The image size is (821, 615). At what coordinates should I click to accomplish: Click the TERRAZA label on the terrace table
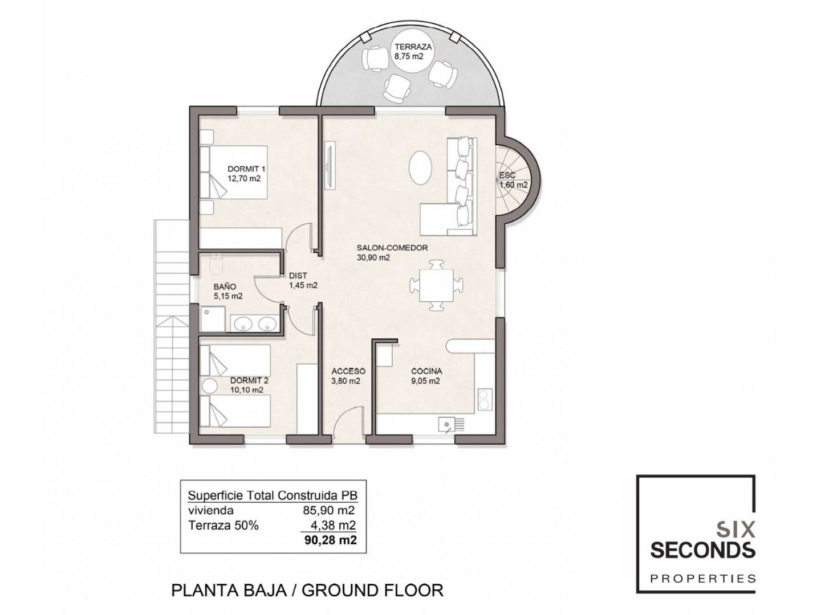(413, 47)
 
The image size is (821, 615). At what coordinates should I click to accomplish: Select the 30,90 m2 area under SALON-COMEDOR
(373, 257)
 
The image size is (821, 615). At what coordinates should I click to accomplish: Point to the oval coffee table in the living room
(421, 167)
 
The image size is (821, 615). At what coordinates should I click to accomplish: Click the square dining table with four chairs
(436, 286)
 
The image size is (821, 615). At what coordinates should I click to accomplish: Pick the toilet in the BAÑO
(216, 264)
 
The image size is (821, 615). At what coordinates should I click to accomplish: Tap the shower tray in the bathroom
(213, 319)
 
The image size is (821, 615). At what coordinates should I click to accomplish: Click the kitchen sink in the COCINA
(452, 425)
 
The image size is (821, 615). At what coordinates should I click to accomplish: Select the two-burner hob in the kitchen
(484, 399)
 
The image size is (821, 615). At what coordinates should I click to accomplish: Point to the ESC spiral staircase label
(507, 175)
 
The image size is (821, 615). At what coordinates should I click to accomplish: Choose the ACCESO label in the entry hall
(348, 371)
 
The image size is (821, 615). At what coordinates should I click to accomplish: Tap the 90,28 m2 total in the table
(330, 540)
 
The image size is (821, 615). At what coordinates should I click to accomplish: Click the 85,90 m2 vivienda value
(329, 510)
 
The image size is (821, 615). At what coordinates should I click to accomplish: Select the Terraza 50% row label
(223, 526)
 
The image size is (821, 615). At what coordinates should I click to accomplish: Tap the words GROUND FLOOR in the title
(372, 591)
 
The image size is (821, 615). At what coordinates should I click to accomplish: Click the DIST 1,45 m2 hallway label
(303, 280)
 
